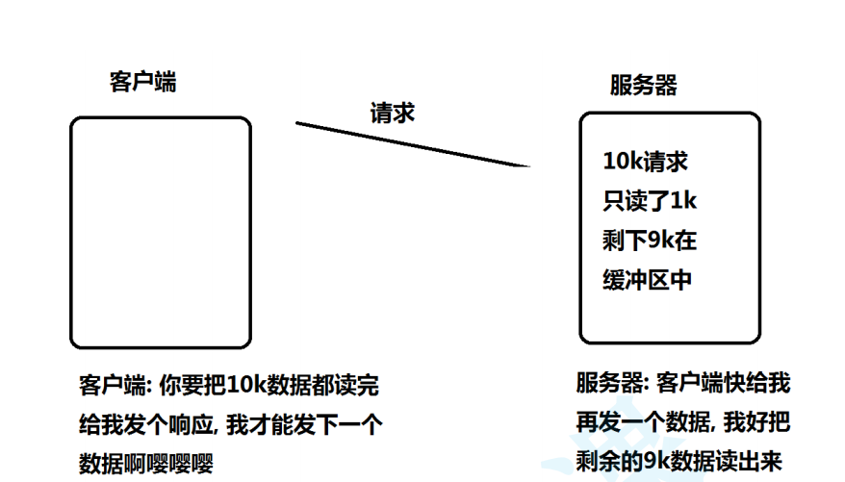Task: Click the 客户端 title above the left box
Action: pos(142,82)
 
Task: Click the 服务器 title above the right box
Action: pos(643,85)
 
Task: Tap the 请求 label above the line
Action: pos(393,112)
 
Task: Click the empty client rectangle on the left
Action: pos(161,231)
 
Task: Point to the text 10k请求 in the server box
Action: pos(645,162)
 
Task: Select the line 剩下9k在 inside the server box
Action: pos(649,241)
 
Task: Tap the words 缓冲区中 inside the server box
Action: pos(647,280)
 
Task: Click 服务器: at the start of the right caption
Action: pos(611,384)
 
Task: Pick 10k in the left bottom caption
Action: pos(245,386)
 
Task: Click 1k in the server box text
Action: pos(681,201)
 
